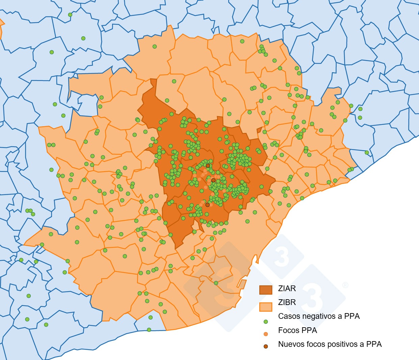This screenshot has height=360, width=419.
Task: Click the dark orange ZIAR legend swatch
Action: coord(265,289)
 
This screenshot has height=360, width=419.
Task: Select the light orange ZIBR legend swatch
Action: coord(265,306)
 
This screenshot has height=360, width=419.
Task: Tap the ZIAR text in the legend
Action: coord(287,288)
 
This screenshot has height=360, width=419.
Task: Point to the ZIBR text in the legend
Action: coord(287,302)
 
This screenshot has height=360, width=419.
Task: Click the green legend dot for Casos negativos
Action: coord(266,322)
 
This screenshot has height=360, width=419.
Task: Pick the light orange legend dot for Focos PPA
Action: coord(266,334)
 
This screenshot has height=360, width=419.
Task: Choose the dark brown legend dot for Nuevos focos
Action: coord(266,347)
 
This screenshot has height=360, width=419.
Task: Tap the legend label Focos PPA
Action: coord(297,330)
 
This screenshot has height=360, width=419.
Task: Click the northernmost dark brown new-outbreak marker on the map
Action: coord(208,166)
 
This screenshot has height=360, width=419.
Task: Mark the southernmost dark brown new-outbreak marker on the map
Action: coord(207,205)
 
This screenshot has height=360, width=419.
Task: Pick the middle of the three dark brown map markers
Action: coord(213,181)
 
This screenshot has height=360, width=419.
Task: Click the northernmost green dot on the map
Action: coord(70,15)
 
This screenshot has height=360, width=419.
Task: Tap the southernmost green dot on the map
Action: coord(149,330)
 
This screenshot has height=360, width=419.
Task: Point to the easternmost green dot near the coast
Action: coord(367,153)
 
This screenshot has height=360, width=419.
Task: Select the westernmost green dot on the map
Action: coord(21,260)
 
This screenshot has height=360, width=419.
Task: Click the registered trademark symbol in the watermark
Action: coord(345,285)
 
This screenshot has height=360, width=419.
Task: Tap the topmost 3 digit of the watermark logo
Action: coord(281,257)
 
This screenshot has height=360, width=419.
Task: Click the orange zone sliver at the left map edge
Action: coord(1,27)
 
